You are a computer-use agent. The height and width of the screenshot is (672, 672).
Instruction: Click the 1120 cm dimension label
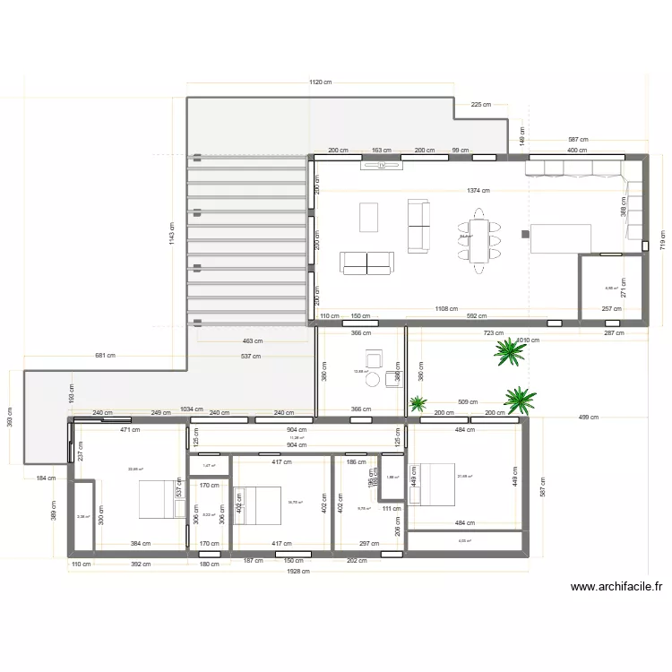(321, 82)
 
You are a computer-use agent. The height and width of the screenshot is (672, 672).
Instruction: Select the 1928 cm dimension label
(298, 571)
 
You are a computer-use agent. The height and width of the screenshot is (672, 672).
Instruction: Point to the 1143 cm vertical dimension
(172, 236)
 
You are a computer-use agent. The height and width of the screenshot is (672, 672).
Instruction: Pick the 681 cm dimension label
(105, 356)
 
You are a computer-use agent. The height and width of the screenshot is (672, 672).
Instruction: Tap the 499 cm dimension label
(589, 418)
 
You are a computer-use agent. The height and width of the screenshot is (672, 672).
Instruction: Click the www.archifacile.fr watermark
(616, 588)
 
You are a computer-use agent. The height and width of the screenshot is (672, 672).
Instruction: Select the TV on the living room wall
(380, 165)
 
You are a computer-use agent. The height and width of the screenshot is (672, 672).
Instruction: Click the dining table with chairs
(478, 239)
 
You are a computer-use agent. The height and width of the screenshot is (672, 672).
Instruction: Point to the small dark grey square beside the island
(526, 234)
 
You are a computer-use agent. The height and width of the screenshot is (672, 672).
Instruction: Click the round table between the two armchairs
(373, 380)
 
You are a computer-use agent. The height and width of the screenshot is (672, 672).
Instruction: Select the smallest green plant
(418, 404)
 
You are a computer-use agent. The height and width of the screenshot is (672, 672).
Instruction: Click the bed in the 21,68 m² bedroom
(430, 484)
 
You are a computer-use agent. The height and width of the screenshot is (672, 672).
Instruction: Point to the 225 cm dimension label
(481, 105)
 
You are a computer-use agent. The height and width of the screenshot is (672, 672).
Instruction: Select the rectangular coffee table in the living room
(369, 217)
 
